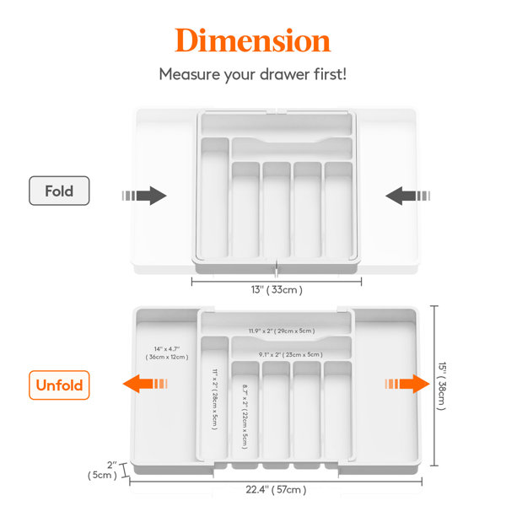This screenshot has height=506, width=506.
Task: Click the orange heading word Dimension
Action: pos(252,40)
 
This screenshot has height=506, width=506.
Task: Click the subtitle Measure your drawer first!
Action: pos(252,74)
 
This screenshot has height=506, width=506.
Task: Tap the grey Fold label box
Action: pos(59,191)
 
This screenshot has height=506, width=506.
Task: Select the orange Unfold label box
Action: pos(59,385)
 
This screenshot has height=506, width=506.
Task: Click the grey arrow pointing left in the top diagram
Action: pos(406,196)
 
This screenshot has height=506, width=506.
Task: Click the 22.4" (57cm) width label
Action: pos(275,489)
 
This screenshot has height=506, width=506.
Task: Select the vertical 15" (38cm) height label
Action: pos(441,385)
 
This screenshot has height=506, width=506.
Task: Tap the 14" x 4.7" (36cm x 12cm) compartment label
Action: pos(167,353)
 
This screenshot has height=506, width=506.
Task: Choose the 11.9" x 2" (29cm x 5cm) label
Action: pos(281,331)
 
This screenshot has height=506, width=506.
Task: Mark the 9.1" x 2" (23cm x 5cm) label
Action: pos(289,355)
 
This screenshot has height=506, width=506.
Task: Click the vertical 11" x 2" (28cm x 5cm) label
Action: pos(215,398)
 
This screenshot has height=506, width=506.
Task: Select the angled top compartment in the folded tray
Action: pos(291,145)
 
